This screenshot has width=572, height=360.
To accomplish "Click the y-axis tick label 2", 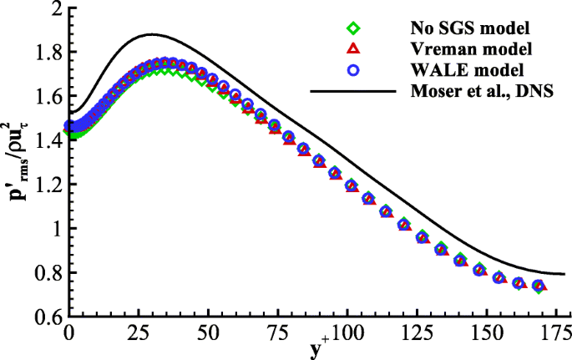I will pyautogui.click(x=56, y=10).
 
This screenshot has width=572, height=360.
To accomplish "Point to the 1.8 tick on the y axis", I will pyautogui.click(x=48, y=53).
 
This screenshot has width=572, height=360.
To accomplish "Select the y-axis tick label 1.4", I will pyautogui.click(x=48, y=140).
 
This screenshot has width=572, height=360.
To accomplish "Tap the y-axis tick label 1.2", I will pyautogui.click(x=48, y=185).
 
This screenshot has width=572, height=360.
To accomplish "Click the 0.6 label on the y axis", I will pyautogui.click(x=48, y=317).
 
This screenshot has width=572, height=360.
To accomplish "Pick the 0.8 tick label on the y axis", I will pyautogui.click(x=48, y=272).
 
